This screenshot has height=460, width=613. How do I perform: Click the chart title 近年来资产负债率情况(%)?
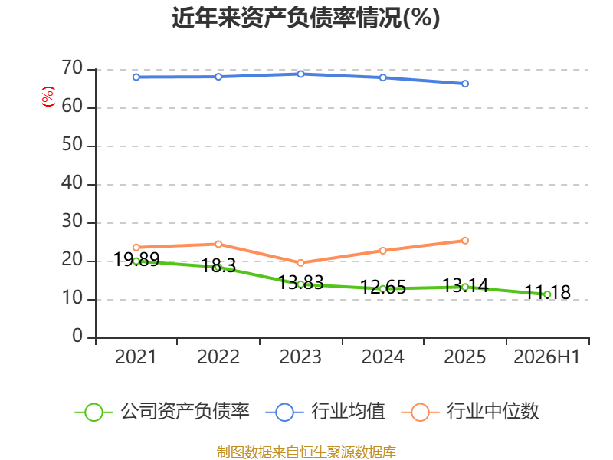(x=306, y=18)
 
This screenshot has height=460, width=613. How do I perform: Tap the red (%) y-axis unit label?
(x=48, y=97)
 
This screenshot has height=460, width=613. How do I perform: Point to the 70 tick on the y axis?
(x=72, y=67)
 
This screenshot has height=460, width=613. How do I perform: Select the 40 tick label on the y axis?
(x=72, y=182)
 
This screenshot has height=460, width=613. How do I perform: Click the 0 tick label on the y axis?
(x=77, y=336)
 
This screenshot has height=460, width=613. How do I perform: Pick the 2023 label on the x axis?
(x=300, y=356)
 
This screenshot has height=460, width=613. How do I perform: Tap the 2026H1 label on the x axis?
(x=546, y=356)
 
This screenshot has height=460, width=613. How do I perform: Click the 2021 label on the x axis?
(x=136, y=356)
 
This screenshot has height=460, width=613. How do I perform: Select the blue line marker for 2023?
(x=300, y=74)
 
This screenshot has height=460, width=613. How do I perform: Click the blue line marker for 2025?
(x=465, y=84)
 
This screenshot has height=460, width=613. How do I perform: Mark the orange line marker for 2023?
(x=300, y=263)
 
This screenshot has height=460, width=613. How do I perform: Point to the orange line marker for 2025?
(x=465, y=241)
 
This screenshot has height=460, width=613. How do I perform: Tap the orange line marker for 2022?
(x=218, y=244)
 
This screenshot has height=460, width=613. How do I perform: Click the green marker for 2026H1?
(x=547, y=294)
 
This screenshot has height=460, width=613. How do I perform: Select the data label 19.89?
(x=136, y=259)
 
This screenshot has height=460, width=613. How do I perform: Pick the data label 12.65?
(x=383, y=287)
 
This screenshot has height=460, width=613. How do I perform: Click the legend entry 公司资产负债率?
(x=162, y=411)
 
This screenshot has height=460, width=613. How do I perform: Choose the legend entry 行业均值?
(x=325, y=411)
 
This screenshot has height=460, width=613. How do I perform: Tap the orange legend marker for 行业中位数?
(x=420, y=412)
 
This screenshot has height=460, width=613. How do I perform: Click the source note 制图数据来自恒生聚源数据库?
(x=306, y=452)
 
